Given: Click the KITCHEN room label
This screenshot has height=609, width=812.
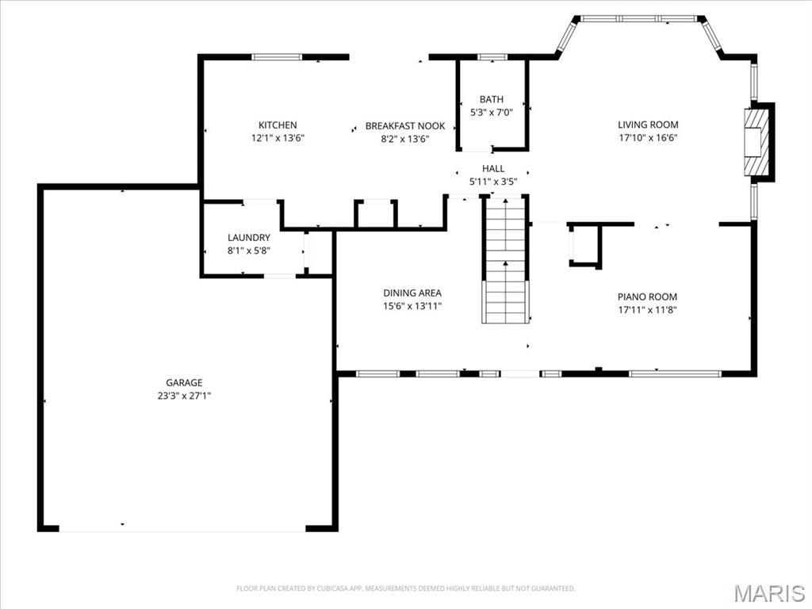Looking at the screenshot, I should click(x=278, y=125).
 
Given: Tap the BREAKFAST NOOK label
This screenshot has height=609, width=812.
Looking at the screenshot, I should click(x=404, y=126).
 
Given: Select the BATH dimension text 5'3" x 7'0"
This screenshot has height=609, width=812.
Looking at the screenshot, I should click(x=492, y=112).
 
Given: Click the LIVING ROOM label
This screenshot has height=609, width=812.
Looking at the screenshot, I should click(x=648, y=124).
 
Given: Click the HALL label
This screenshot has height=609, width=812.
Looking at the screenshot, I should click(x=493, y=169).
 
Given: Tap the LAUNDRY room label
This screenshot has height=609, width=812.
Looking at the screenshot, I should click(x=249, y=238).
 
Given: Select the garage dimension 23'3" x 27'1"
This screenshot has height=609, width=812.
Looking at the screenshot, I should click(x=184, y=396).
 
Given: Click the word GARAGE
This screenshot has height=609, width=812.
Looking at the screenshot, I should click(x=184, y=383).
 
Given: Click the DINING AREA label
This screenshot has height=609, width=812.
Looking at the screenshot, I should click(x=412, y=293).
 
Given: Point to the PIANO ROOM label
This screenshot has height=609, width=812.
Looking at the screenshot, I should click(x=647, y=297).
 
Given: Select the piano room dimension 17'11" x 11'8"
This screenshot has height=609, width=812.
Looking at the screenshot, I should click(x=647, y=310).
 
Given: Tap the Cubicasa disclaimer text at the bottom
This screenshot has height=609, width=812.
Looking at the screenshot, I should click(x=405, y=588).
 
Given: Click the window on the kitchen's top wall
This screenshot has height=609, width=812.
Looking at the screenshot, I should click(x=277, y=57).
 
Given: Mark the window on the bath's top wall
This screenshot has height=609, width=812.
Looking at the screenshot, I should click(x=492, y=57).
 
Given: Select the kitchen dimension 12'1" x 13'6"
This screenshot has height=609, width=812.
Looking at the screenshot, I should click(x=278, y=138).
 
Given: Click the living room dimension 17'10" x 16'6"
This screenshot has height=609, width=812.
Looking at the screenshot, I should click(x=648, y=138).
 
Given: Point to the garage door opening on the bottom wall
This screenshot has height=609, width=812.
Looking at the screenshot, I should click(x=182, y=528).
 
